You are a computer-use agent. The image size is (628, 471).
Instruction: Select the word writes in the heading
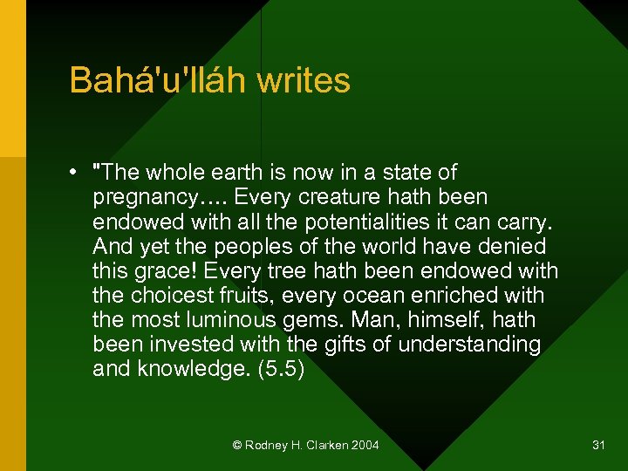pos(304,81)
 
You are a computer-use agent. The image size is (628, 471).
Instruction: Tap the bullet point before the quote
pos(78,172)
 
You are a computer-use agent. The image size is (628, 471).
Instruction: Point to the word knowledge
pos(191,369)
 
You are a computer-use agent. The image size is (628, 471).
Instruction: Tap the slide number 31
pos(598,445)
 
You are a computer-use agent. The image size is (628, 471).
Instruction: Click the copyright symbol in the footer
pos(237,445)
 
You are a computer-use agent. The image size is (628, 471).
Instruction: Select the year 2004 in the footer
pos(365,445)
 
